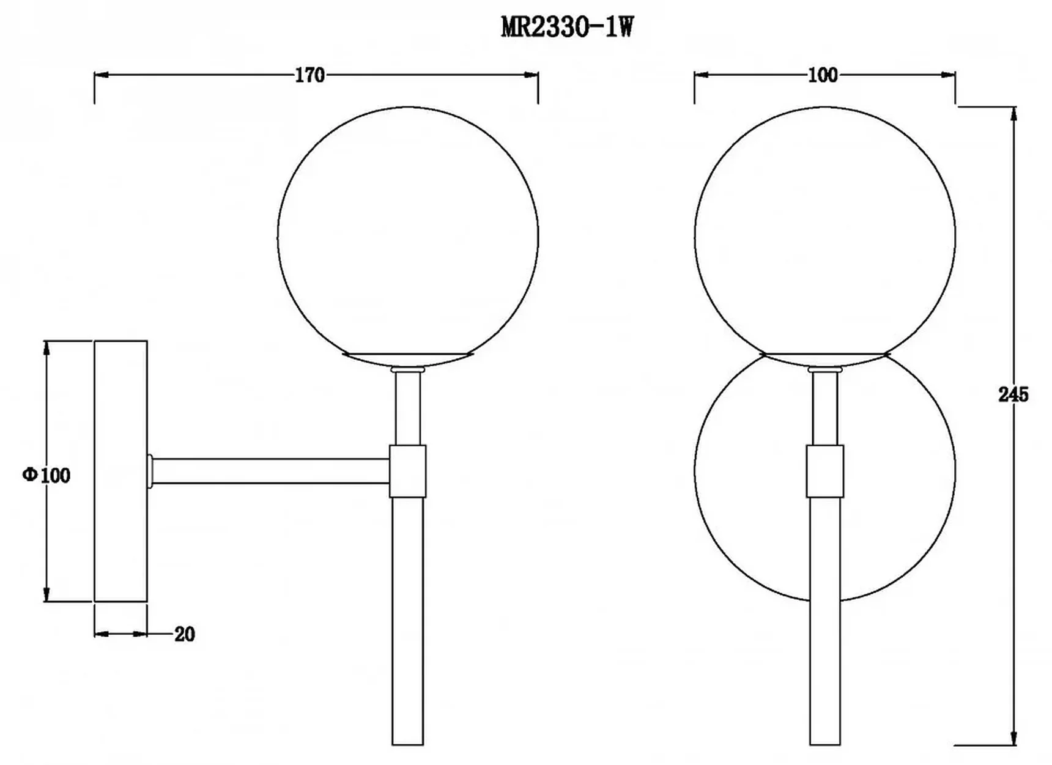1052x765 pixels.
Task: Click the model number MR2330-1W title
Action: click(x=567, y=28)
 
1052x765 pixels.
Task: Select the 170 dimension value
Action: click(x=309, y=75)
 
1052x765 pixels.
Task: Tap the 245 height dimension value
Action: click(x=1013, y=394)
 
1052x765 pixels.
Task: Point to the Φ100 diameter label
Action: click(x=46, y=475)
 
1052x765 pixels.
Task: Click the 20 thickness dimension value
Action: click(x=184, y=634)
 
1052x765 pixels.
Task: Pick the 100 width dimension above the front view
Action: click(x=823, y=75)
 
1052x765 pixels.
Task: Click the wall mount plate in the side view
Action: click(x=120, y=471)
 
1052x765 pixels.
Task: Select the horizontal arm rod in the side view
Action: click(x=271, y=471)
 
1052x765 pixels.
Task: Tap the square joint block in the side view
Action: click(x=407, y=471)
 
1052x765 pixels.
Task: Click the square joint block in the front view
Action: click(x=824, y=471)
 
